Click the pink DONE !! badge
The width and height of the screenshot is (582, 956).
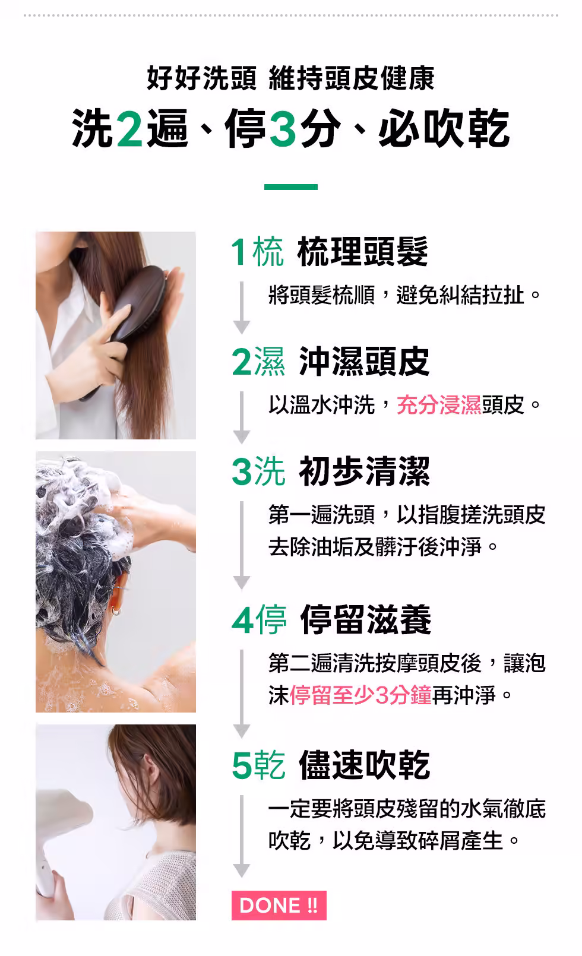pos(279,905)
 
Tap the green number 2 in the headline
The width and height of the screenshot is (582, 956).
pos(129,128)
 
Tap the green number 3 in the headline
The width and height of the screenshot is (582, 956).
pos(283,128)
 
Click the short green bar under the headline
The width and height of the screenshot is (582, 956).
pos(291,187)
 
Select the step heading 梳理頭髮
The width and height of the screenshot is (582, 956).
pos(362,251)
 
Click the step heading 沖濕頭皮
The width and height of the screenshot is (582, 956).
pos(364,361)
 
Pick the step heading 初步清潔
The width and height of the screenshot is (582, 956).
pos(364,471)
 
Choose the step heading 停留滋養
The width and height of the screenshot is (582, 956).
pos(365,619)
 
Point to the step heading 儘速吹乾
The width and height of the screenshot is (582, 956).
pos(364,765)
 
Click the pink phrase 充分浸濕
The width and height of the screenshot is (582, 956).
pos(439,404)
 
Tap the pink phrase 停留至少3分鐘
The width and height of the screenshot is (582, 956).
pos(361,695)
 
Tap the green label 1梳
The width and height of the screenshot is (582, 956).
pos(257,252)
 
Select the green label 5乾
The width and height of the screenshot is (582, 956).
pos(258,765)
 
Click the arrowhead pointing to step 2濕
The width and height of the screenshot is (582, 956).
pos(242,327)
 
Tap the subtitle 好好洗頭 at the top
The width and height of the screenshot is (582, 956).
pos(201,78)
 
